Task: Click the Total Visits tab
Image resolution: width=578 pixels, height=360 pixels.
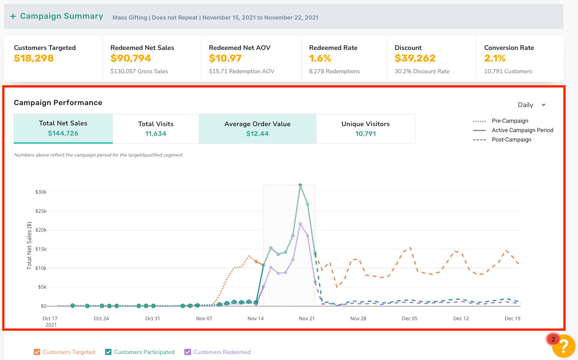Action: (x=156, y=128)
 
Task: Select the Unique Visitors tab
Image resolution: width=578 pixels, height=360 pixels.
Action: (x=366, y=128)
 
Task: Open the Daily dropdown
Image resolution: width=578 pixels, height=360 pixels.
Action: (x=531, y=105)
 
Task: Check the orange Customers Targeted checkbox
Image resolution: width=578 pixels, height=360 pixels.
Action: (x=37, y=352)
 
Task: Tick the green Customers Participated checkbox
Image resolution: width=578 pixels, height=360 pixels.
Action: (x=108, y=352)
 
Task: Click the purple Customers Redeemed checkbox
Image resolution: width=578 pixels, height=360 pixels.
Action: (x=188, y=352)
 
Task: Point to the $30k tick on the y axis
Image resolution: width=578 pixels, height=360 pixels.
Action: (x=41, y=192)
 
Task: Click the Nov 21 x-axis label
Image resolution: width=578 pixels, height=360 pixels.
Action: (x=307, y=318)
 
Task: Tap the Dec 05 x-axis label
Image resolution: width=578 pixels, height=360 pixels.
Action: (x=409, y=318)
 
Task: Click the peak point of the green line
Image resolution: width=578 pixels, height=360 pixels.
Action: (x=300, y=185)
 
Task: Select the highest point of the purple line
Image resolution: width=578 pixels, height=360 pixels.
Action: (x=300, y=224)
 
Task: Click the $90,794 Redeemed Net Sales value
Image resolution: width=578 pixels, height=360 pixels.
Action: (x=131, y=58)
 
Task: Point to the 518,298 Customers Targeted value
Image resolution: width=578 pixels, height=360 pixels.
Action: (x=34, y=58)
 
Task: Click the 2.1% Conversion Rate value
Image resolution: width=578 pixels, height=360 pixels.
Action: (x=495, y=58)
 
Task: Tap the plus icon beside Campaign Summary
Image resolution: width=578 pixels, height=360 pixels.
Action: (x=13, y=17)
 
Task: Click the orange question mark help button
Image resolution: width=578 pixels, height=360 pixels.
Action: (x=563, y=346)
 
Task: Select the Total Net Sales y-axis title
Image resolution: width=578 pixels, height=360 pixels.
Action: (x=29, y=246)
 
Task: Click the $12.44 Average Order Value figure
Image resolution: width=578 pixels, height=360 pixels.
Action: (x=257, y=134)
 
